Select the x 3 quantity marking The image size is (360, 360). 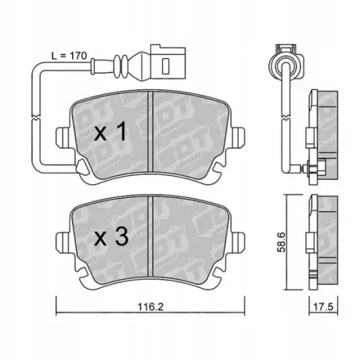pos(111,235)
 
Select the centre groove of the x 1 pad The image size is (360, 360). pos(148,134)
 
